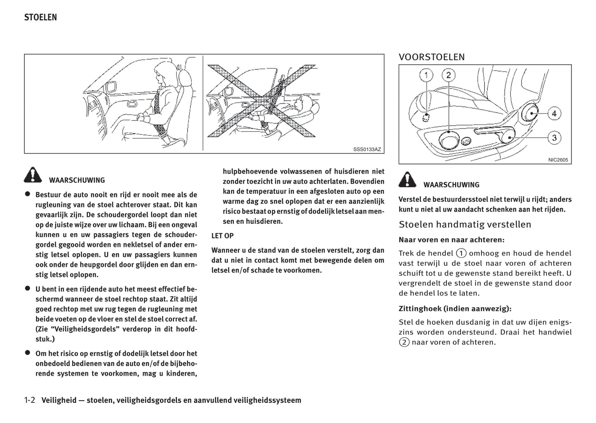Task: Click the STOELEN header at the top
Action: click(x=40, y=17)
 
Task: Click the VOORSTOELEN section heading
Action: click(x=431, y=57)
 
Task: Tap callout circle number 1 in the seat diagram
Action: click(x=426, y=75)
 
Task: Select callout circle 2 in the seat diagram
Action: click(x=448, y=75)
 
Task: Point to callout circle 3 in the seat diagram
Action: click(x=554, y=138)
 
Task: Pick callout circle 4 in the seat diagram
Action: click(x=554, y=113)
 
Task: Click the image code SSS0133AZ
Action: click(x=367, y=149)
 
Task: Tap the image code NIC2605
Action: click(x=558, y=160)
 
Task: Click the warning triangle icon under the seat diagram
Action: click(x=407, y=180)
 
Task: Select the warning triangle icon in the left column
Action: click(x=33, y=175)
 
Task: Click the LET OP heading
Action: click(x=222, y=236)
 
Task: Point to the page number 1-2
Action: click(x=30, y=400)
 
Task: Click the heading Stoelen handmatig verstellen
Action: click(x=465, y=225)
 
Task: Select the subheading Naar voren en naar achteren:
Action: click(x=451, y=240)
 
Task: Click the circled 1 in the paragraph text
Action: click(x=461, y=254)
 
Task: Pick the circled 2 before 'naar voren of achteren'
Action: click(x=404, y=342)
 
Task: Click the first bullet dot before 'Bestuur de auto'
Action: click(x=28, y=194)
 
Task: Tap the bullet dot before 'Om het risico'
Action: click(x=28, y=352)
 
